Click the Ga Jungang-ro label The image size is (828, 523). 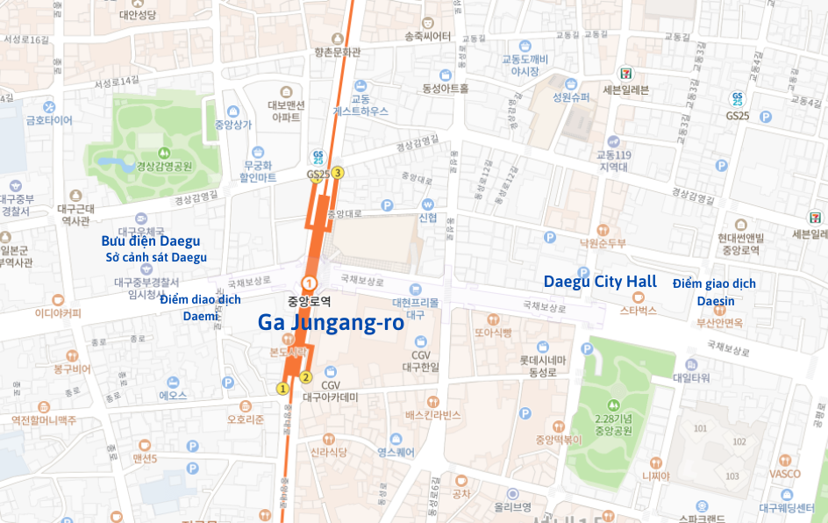tap(331, 322)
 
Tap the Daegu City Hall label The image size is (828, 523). tap(600, 282)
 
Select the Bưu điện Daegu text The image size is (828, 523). tap(151, 240)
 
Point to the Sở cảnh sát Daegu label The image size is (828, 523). tap(156, 257)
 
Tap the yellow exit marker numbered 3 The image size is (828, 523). tap(337, 172)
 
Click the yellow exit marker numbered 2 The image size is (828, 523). tap(305, 377)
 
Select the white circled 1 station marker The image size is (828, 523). tap(309, 283)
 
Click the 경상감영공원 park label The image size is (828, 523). tap(164, 166)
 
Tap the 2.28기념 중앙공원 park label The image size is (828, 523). tap(613, 424)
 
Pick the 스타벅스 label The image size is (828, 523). tap(639, 310)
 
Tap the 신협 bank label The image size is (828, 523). tap(428, 218)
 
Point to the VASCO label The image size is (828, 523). tap(785, 474)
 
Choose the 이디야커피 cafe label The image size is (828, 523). tap(58, 313)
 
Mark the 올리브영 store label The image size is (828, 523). tap(512, 506)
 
